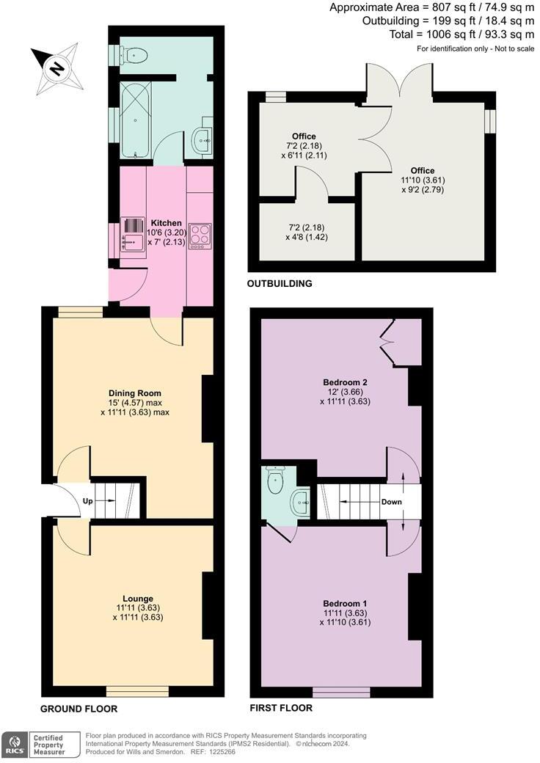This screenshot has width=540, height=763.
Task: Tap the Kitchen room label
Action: tap(166, 222)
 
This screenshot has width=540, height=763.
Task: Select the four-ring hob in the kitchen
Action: tap(200, 235)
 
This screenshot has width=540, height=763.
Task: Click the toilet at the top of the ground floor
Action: tap(134, 54)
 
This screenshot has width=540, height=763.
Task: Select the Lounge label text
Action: tap(138, 598)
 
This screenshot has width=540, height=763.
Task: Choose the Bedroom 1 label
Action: tap(345, 603)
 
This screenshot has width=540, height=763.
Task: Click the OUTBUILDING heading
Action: tap(280, 283)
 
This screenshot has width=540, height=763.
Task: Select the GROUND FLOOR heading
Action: tap(79, 709)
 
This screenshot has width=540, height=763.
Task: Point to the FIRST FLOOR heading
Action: tap(282, 708)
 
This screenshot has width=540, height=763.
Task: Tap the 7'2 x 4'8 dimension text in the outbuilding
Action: tap(307, 232)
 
